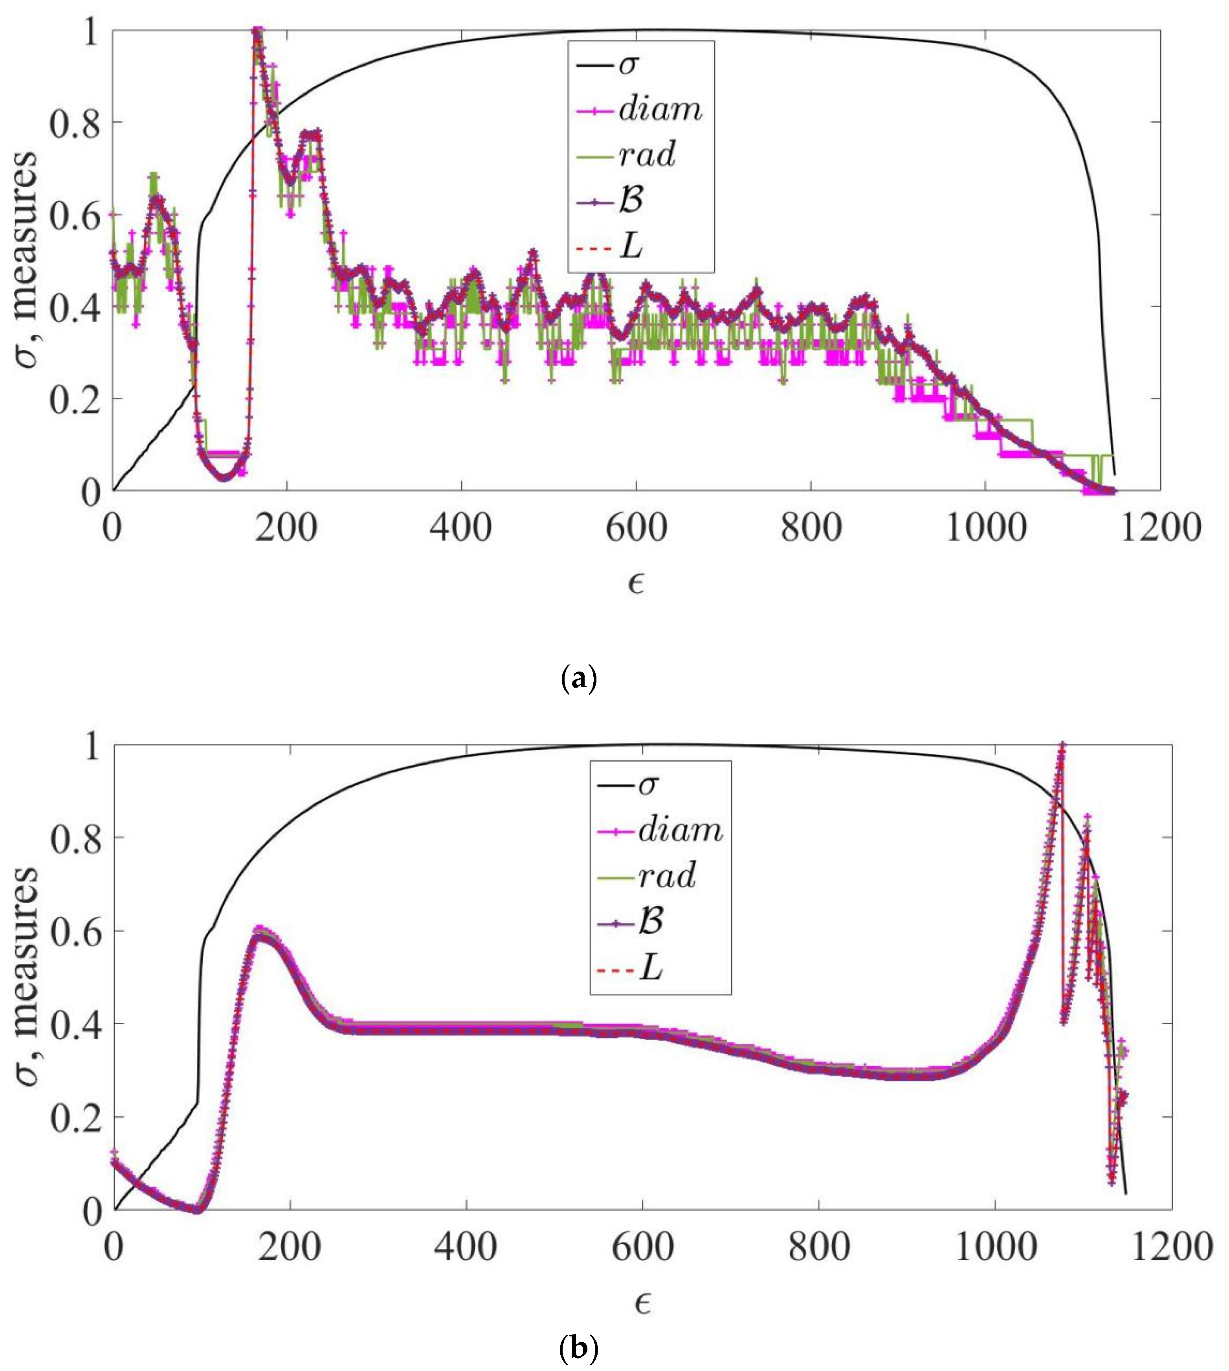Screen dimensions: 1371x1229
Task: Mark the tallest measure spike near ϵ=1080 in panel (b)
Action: coord(1062,745)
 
